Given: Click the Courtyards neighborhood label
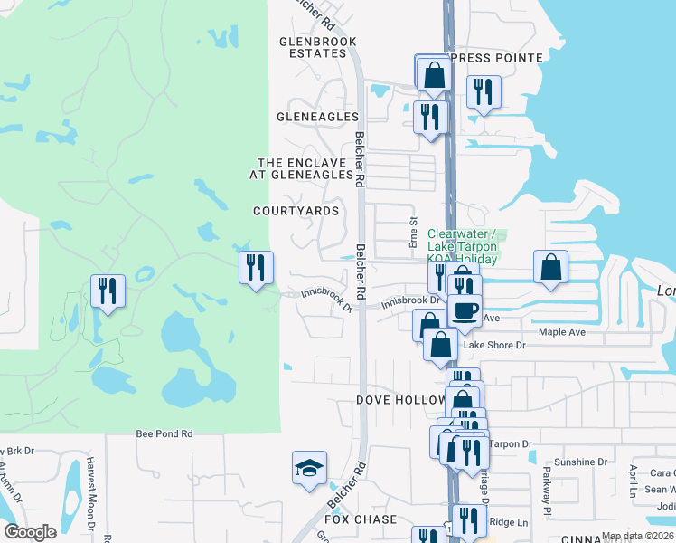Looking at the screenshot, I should (x=296, y=211).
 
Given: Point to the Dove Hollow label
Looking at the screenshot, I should (x=401, y=399).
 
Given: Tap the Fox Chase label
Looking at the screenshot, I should (x=361, y=519).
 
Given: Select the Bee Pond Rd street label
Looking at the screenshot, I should (x=164, y=434).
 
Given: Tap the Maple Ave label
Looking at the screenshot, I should (x=563, y=332).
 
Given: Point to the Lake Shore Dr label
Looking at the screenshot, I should (x=494, y=345).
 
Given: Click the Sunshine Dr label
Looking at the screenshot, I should (x=580, y=462).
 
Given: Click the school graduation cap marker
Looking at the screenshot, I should (x=309, y=468).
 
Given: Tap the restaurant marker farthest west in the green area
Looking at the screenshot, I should (x=107, y=291).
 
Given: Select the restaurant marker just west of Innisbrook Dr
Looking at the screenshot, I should (x=256, y=267).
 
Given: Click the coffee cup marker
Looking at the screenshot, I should (x=465, y=310).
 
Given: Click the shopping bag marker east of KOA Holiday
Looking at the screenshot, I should (x=550, y=267).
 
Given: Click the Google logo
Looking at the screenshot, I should (x=30, y=532).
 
